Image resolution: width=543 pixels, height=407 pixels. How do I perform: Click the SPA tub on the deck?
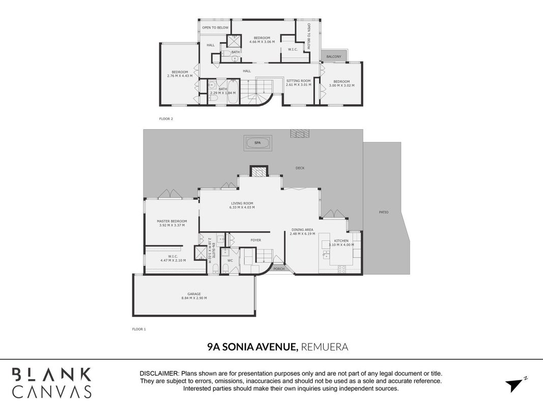pos(258,142)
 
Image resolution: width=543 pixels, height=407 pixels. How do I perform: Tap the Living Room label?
pos(242,203)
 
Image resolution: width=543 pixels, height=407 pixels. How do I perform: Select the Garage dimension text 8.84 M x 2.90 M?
pos(194,298)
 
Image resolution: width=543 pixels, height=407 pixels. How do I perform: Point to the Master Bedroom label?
pos(172,221)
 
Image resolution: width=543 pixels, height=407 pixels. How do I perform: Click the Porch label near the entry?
pos(279,269)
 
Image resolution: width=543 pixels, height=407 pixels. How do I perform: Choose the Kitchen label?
pos(341,241)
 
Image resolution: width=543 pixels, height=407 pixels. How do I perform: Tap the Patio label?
pos(384,212)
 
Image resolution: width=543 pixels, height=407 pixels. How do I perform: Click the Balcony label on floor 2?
pos(334,56)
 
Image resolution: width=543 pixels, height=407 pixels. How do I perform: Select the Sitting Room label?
pos(299,81)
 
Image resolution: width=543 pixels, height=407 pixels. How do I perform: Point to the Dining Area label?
pos(302,229)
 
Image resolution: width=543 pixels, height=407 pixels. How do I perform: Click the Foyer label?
pos(255,240)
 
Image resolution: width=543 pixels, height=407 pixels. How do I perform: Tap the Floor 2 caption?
pos(166,119)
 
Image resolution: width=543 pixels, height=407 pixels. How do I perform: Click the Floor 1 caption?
pos(139,329)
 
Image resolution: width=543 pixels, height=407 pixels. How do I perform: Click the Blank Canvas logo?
pos(51,383)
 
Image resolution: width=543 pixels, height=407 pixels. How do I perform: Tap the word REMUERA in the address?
pos(325,347)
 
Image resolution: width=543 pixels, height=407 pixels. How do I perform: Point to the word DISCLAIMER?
pos(159,373)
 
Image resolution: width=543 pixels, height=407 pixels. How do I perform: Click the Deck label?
pos(300,168)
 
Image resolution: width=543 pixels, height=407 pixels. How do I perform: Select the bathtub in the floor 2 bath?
pos(233,92)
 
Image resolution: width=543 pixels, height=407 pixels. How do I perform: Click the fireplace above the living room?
pos(259,171)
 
